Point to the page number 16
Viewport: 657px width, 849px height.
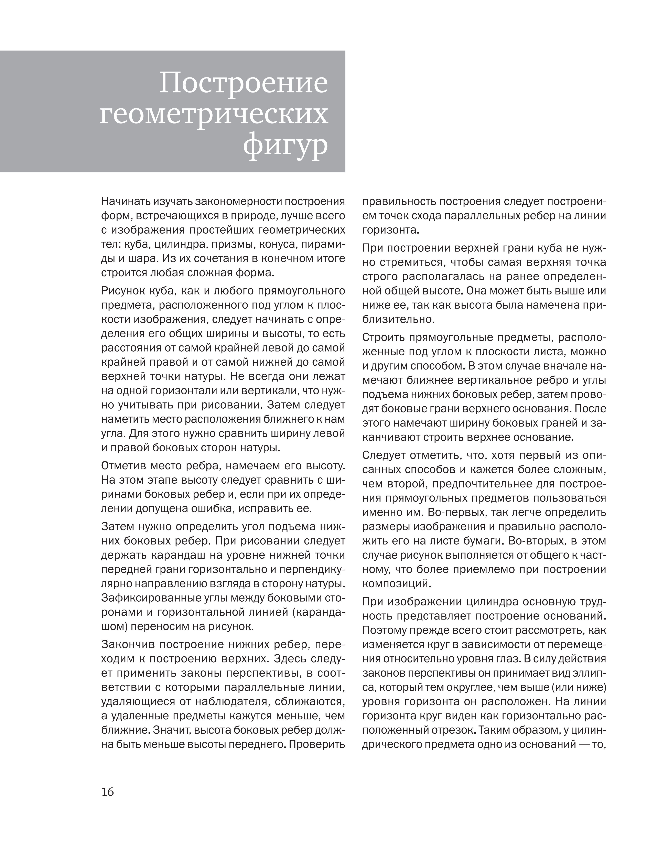(108, 792)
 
